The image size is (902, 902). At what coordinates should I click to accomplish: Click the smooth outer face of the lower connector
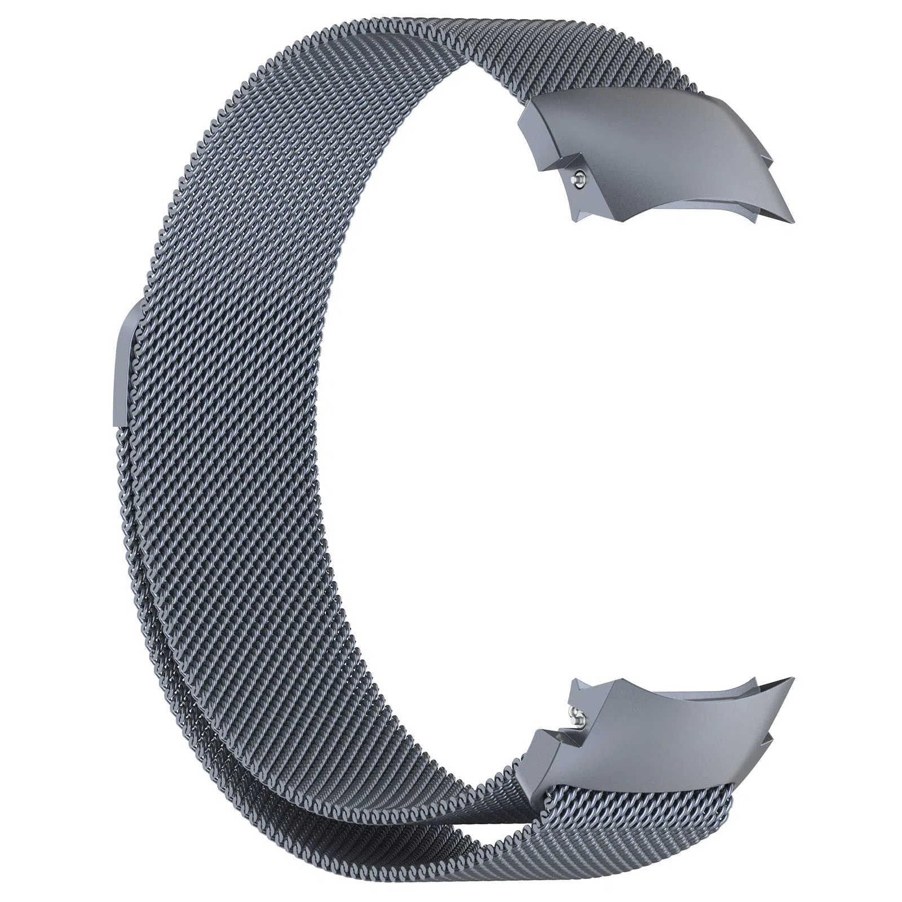648,733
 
